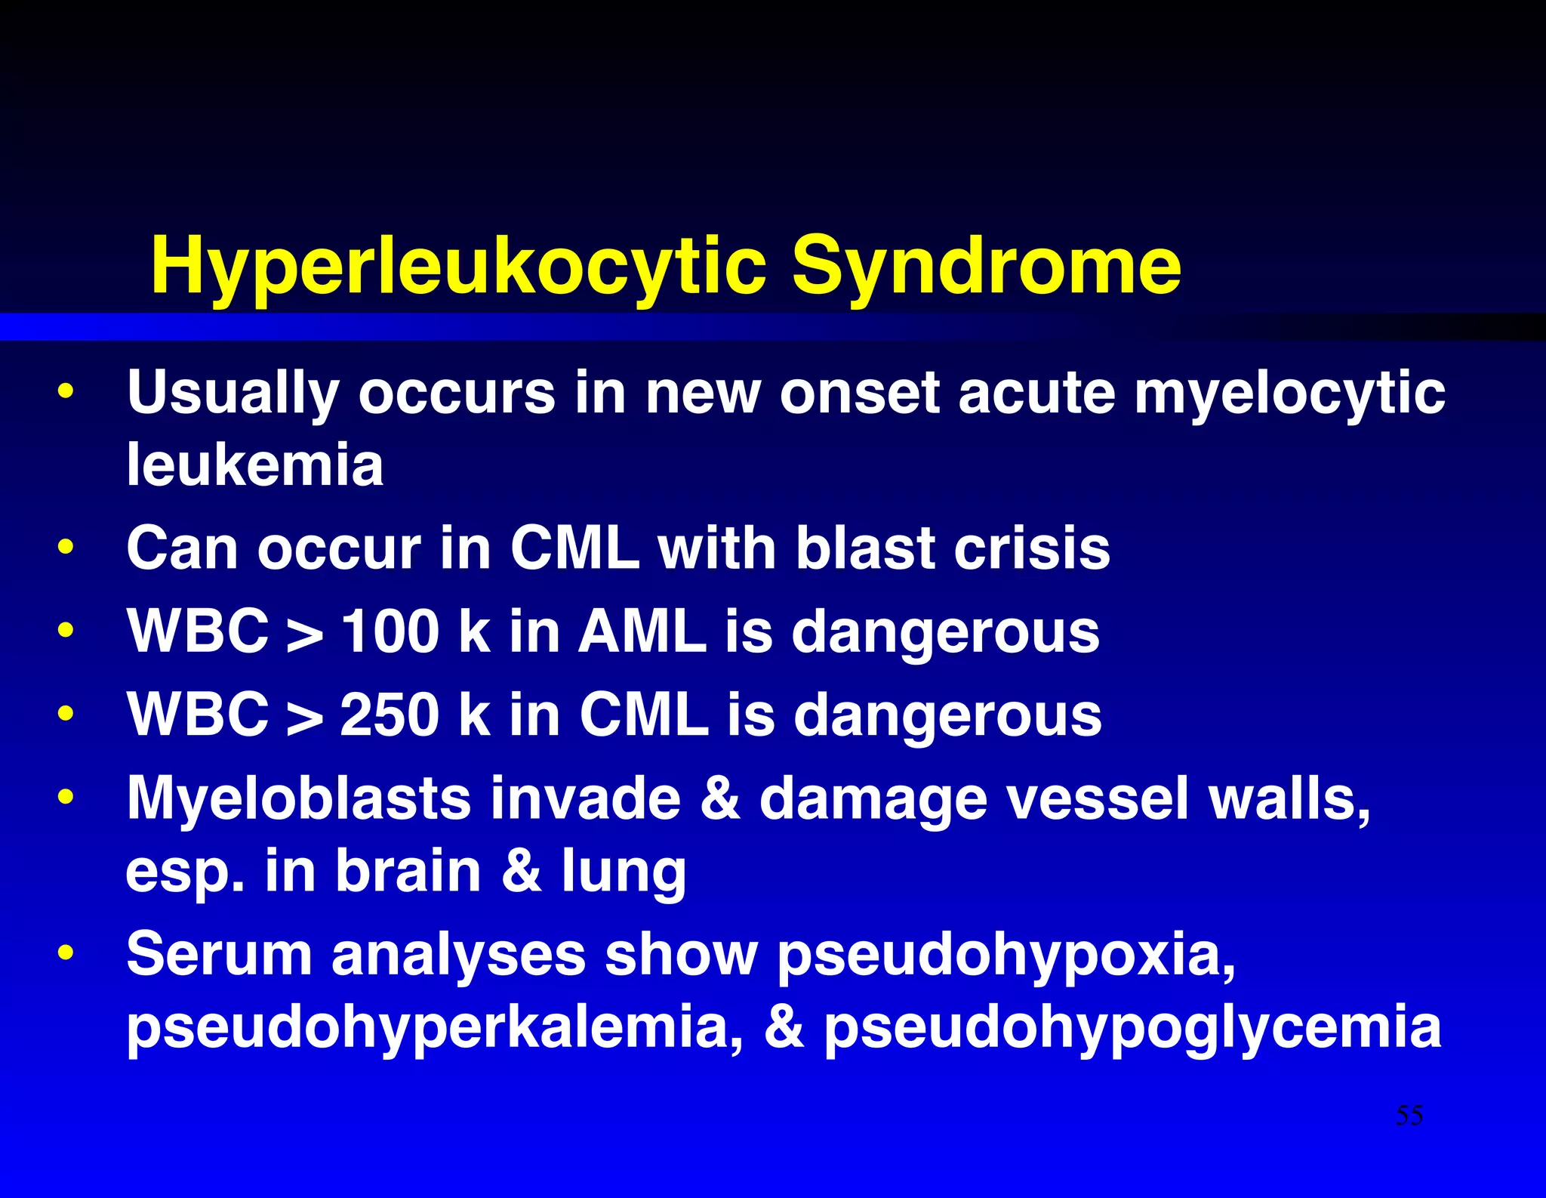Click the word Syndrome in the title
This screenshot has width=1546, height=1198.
tap(986, 266)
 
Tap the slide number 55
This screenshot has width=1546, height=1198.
tap(1409, 1115)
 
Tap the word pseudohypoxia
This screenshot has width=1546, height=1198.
tap(1006, 956)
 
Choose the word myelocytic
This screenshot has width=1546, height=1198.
tap(1289, 393)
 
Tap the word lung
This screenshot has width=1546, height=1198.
tap(624, 872)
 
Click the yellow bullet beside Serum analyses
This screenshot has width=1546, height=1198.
tap(66, 953)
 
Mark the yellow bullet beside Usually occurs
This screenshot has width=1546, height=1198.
tap(66, 391)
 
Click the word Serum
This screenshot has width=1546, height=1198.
tap(219, 954)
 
